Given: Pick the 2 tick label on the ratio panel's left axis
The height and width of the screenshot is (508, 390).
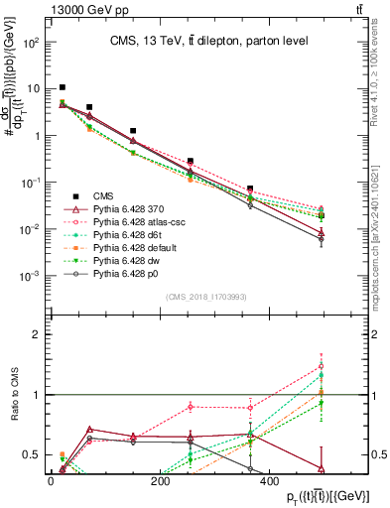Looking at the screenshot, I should (38, 334).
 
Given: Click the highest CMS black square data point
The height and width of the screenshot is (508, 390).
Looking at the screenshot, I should (63, 87).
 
